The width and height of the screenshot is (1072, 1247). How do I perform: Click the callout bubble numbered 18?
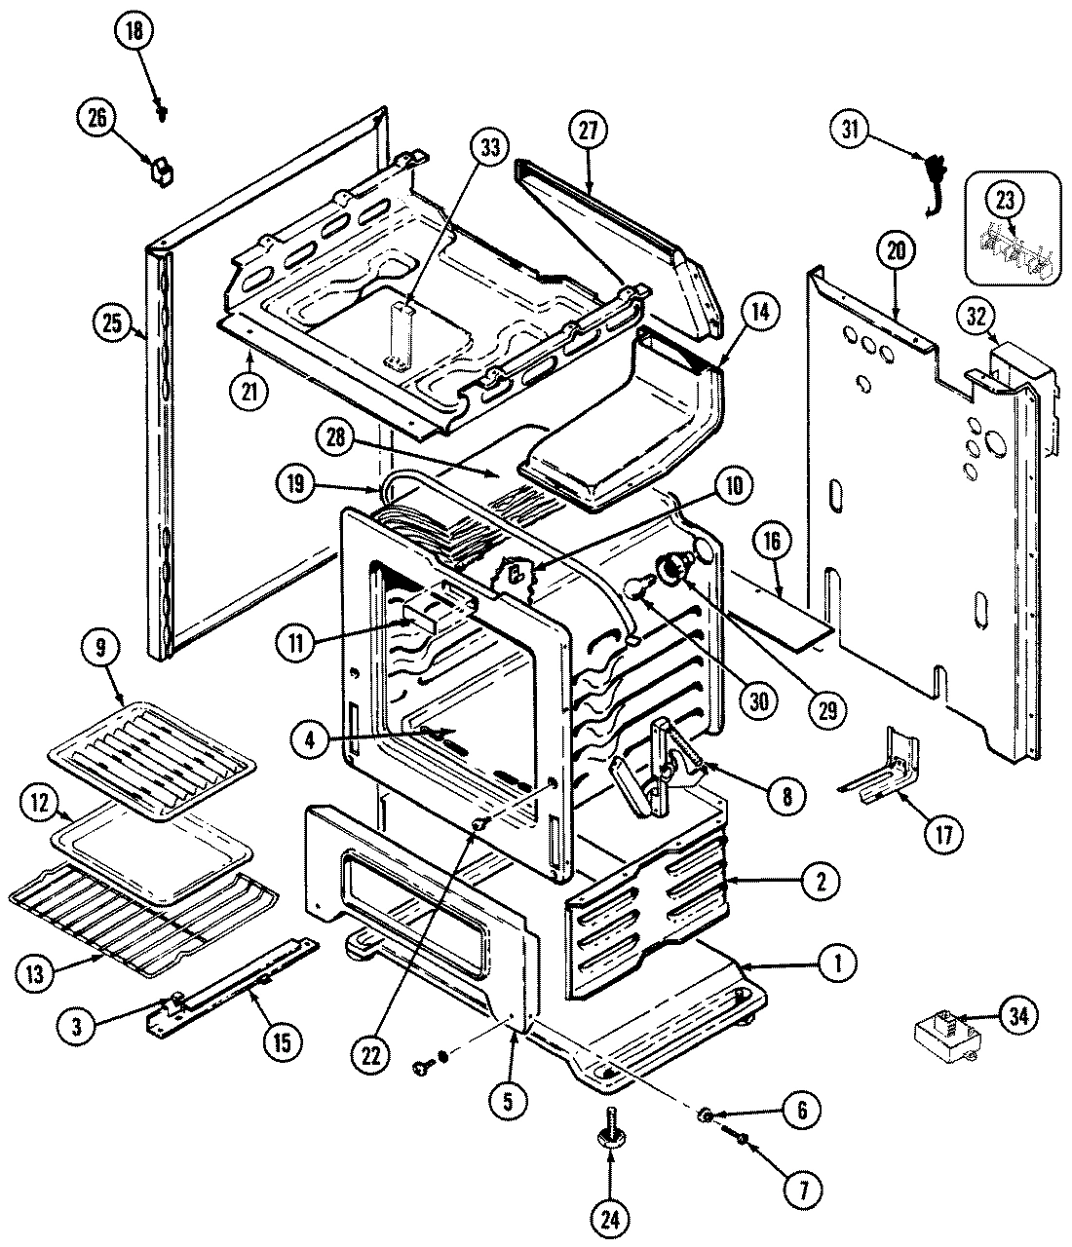pyautogui.click(x=134, y=31)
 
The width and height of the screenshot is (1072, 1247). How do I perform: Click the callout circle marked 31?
pyautogui.click(x=851, y=131)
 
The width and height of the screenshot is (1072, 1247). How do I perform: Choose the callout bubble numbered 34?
pyautogui.click(x=1018, y=1016)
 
